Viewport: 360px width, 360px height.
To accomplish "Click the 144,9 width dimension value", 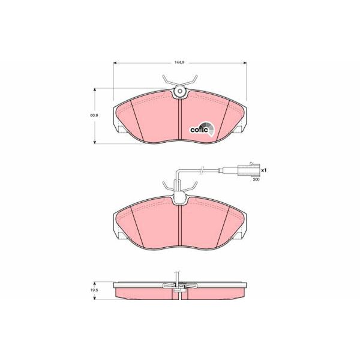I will tap(179, 61).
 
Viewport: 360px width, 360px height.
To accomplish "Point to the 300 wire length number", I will tap(256, 179).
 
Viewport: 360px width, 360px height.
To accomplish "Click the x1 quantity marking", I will tap(263, 170).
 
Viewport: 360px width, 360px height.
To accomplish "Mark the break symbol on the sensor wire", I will tap(203, 170).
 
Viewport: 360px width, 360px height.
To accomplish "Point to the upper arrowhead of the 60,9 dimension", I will tap(95, 90).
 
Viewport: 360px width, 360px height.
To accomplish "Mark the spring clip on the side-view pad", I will tap(179, 287).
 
